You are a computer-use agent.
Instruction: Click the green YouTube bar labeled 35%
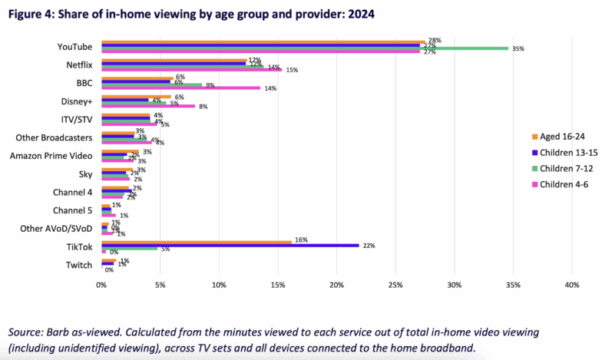click(x=307, y=48)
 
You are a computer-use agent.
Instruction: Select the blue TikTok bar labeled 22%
click(x=230, y=245)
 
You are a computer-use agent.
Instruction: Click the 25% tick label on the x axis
click(x=395, y=285)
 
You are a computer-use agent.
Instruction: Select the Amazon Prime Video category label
click(x=51, y=156)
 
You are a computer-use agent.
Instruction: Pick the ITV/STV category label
click(x=76, y=120)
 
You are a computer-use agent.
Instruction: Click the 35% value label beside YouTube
click(x=517, y=48)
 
